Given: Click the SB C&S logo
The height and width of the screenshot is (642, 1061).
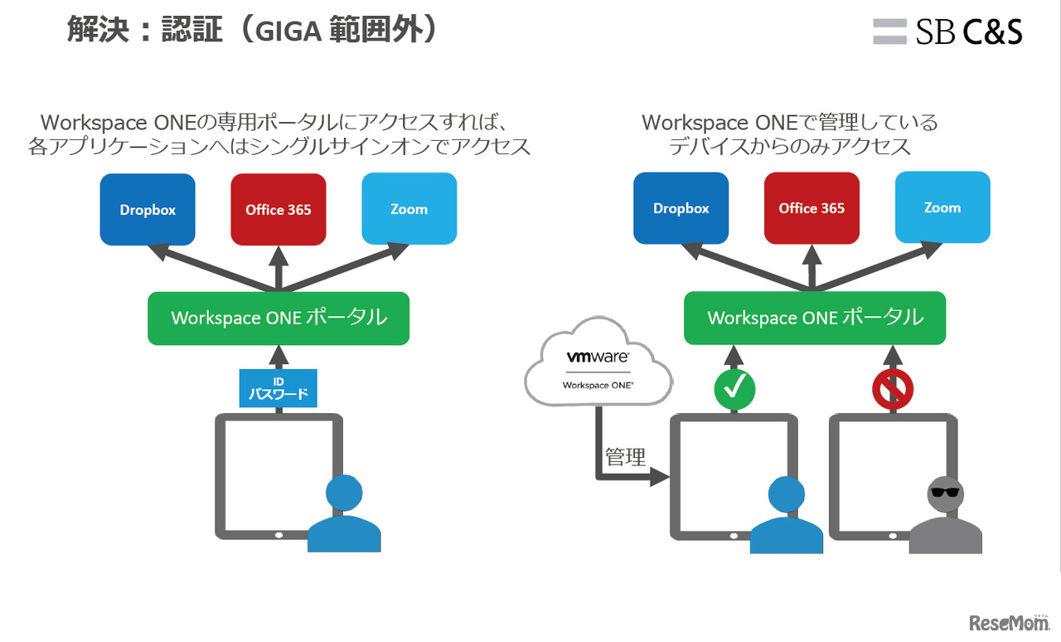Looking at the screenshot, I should (x=947, y=32).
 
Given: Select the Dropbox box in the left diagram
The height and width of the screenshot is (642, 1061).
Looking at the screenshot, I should (x=148, y=210).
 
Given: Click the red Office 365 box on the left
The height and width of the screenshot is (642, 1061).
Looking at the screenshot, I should (x=278, y=210).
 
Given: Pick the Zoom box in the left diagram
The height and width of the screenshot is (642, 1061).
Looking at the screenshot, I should (x=409, y=209).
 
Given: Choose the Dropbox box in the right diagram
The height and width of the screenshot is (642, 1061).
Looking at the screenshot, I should (x=681, y=208).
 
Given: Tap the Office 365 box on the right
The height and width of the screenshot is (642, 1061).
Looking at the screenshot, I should (x=811, y=208).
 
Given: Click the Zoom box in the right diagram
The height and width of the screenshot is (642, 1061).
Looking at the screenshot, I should (x=942, y=207).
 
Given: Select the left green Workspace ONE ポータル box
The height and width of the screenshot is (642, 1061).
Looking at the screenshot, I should (x=279, y=318).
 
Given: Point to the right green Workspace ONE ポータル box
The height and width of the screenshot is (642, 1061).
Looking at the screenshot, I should (x=815, y=318).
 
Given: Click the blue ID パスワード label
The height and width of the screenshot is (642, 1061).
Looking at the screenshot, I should (x=279, y=388).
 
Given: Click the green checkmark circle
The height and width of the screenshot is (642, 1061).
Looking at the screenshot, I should (x=734, y=387).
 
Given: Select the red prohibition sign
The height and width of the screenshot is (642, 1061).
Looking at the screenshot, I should (x=894, y=387).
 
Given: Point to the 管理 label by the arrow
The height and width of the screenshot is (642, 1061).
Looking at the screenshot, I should (x=626, y=457).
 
